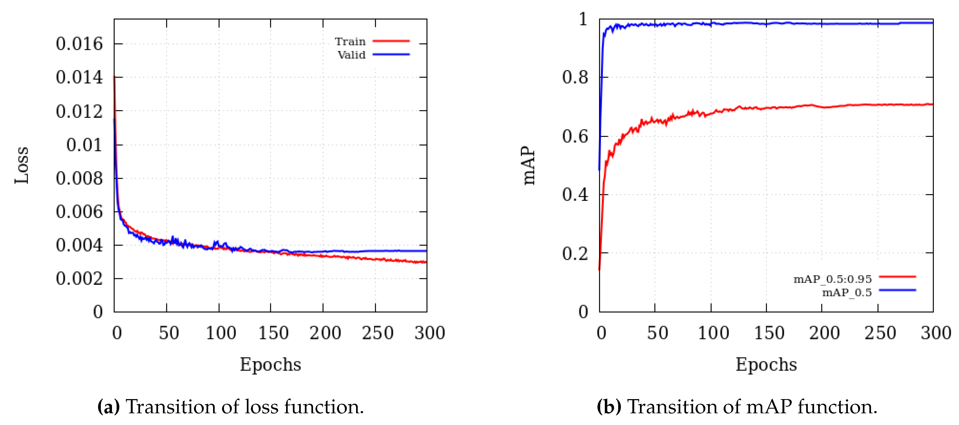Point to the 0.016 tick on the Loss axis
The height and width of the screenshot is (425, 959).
(79, 44)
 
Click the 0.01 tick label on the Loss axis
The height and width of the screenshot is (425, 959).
(84, 145)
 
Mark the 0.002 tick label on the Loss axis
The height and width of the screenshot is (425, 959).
(79, 279)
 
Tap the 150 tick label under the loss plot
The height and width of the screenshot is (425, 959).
(273, 333)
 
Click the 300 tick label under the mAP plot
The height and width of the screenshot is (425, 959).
(935, 333)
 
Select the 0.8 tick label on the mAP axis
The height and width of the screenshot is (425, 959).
(575, 77)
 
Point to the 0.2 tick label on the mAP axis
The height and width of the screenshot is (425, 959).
(575, 254)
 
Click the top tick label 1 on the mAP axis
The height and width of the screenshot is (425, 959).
(583, 19)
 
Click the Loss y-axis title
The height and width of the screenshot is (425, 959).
(22, 165)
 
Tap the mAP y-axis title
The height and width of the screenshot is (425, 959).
(529, 165)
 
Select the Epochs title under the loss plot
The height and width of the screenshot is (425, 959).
(270, 364)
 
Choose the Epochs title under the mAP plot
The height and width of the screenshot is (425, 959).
(766, 364)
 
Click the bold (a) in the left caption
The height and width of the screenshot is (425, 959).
(108, 406)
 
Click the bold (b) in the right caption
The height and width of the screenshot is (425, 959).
(609, 406)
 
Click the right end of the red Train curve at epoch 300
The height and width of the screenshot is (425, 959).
(426, 262)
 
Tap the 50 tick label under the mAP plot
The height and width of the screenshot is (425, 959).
(657, 333)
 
